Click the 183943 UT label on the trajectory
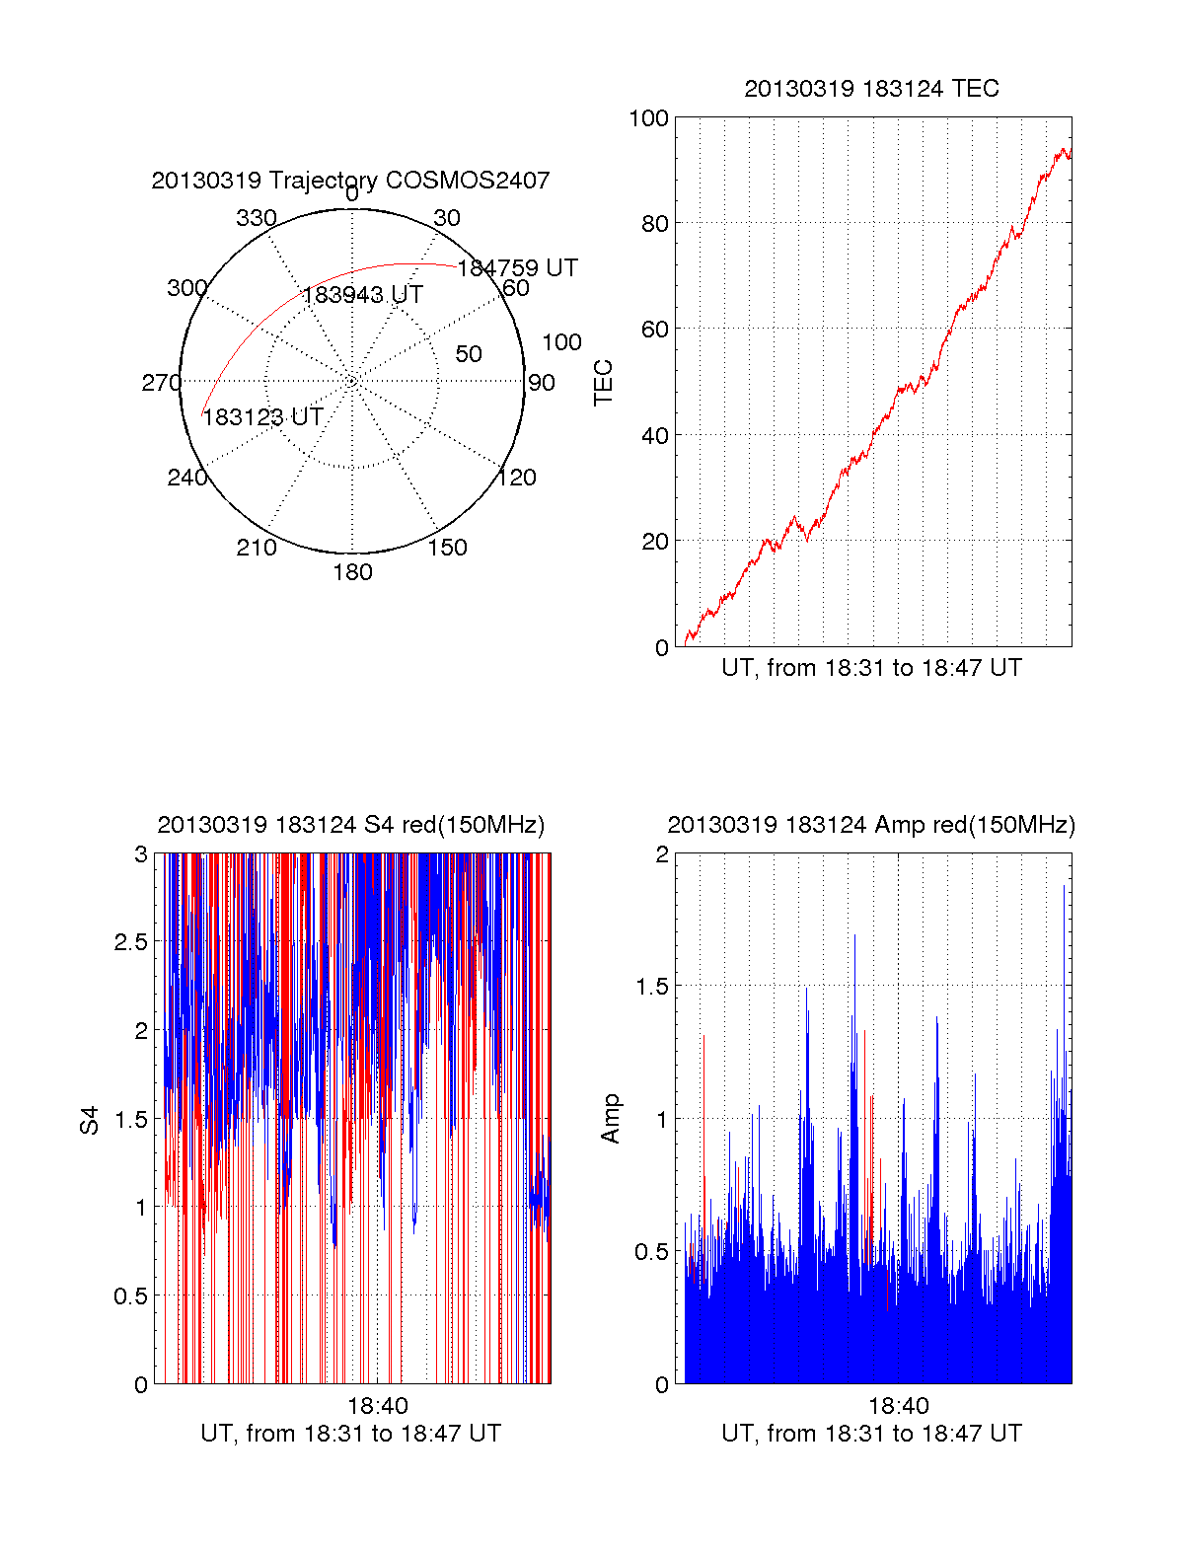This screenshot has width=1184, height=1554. tap(362, 295)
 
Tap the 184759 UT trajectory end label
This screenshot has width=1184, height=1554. tap(517, 268)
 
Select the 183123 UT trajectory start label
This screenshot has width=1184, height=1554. tap(262, 417)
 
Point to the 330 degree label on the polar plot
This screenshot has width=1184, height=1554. tap(256, 218)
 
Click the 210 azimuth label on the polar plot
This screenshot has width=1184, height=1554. tap(256, 548)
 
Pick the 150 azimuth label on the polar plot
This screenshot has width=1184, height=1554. tap(447, 548)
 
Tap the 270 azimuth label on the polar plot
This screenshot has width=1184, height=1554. tap(161, 383)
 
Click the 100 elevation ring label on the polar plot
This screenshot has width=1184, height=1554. tap(561, 342)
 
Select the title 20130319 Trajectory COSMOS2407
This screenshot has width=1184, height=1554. tap(350, 181)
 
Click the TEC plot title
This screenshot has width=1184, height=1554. tap(871, 89)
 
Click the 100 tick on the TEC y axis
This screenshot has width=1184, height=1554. tap(648, 118)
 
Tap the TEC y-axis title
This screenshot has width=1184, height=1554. tap(603, 383)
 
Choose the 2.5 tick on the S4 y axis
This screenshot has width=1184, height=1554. tap(130, 942)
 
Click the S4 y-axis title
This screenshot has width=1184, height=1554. tap(90, 1120)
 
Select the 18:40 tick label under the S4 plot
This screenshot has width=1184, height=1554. tap(377, 1406)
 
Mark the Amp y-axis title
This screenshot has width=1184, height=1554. tap(611, 1118)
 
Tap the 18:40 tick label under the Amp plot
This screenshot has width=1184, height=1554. tap(898, 1406)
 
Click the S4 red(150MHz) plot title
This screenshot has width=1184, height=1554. tap(350, 825)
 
